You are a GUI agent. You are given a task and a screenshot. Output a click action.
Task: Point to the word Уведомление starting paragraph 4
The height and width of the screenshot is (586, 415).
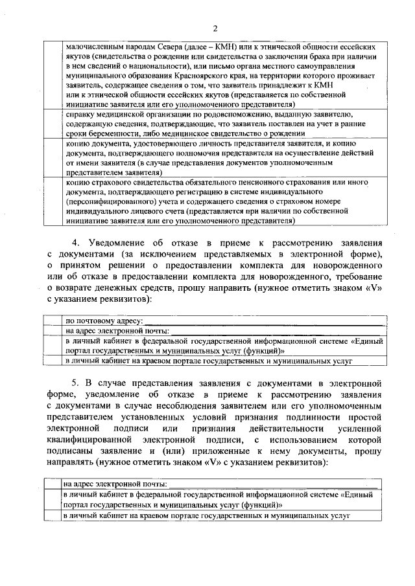pyautogui.click(x=123, y=243)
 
